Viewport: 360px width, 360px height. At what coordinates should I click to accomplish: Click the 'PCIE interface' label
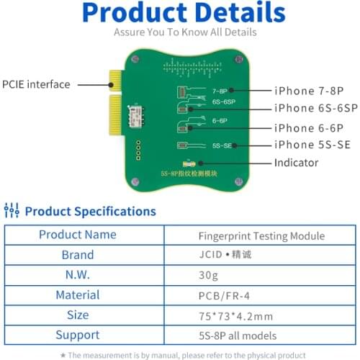click(36, 84)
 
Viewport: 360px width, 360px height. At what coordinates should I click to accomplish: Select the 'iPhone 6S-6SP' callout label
click(315, 109)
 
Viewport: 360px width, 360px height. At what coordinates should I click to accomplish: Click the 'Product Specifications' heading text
click(90, 211)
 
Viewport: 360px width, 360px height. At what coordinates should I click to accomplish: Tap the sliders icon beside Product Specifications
click(12, 211)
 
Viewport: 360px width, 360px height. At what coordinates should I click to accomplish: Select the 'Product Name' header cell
click(77, 235)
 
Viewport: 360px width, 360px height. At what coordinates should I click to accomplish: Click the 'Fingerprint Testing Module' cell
click(261, 235)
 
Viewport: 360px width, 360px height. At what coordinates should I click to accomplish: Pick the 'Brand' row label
click(77, 255)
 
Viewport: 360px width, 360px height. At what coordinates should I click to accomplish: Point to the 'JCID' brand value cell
click(261, 255)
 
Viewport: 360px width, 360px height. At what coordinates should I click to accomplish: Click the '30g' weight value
click(261, 275)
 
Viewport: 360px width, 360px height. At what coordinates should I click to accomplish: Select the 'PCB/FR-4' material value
click(261, 295)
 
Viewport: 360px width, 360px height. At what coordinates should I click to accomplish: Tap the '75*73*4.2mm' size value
click(261, 315)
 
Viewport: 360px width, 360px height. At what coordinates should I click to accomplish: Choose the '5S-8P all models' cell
click(261, 336)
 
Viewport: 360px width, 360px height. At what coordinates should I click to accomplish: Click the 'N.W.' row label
click(77, 275)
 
